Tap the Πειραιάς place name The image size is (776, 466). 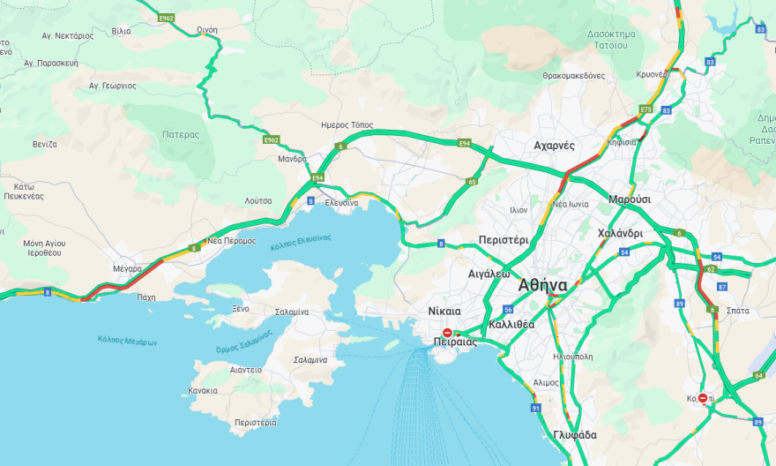click(455, 342)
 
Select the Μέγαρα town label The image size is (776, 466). click(127, 267)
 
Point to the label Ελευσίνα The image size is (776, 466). click(341, 203)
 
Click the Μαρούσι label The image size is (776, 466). click(630, 199)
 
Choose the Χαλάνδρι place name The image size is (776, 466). click(619, 233)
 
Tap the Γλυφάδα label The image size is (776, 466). click(575, 435)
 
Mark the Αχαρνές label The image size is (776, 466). click(554, 145)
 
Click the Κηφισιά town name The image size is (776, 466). click(623, 140)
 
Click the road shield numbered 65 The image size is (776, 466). click(473, 182)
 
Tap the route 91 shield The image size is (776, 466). click(535, 408)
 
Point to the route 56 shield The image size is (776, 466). click(508, 309)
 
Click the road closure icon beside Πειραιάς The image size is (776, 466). click(448, 332)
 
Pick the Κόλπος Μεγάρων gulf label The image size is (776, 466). click(127, 341)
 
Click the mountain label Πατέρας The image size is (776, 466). click(181, 135)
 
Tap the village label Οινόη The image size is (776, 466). click(207, 29)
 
